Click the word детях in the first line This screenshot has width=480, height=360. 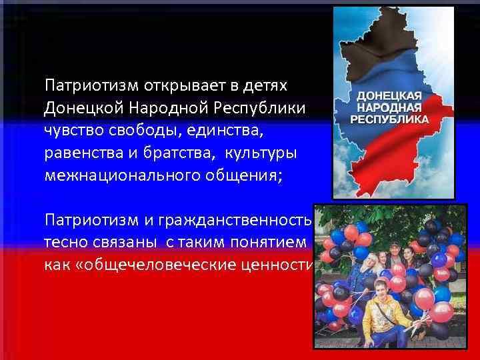pyautogui.click(x=266, y=86)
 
